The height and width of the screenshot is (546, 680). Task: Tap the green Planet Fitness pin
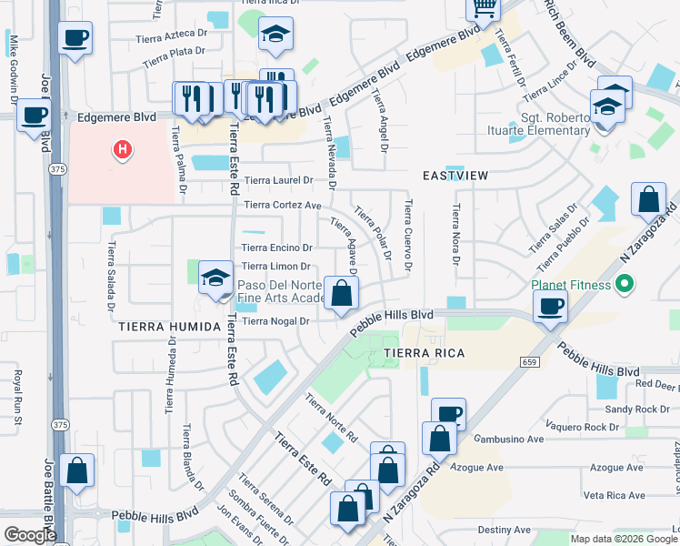pyautogui.click(x=624, y=285)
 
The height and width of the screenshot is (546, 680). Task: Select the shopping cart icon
pyautogui.click(x=484, y=8)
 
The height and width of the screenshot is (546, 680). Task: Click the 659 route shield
pyautogui.click(x=531, y=361)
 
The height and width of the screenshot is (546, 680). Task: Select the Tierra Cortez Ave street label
pyautogui.click(x=283, y=206)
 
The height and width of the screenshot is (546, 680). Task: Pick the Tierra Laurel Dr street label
pyautogui.click(x=278, y=180)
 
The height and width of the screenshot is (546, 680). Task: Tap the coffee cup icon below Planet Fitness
pyautogui.click(x=550, y=306)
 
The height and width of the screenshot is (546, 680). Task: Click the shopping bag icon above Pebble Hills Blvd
pyautogui.click(x=341, y=293)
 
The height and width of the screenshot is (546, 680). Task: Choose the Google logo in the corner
pyautogui.click(x=29, y=535)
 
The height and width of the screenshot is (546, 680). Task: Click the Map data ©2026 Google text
pyautogui.click(x=623, y=539)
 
